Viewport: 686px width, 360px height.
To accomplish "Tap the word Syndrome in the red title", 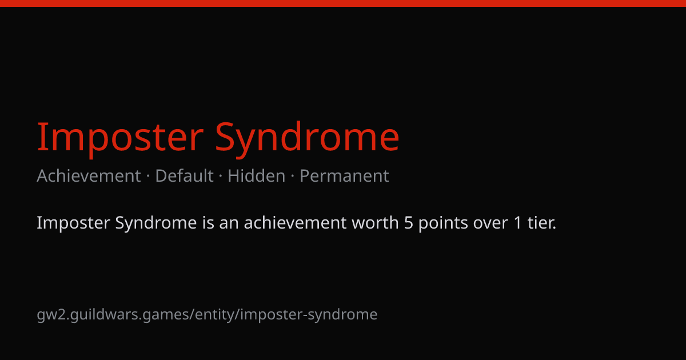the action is coord(308,138).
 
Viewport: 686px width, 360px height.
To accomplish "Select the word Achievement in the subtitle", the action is coord(89,176).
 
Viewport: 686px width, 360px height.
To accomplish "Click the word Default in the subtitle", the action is coord(184,176).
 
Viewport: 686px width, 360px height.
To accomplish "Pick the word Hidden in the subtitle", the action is coord(256,176).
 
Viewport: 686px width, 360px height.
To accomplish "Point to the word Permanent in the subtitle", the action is coord(344,176).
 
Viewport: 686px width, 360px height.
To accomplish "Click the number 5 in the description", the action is coord(409,223).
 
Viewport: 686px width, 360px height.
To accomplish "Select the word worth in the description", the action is coord(375,222).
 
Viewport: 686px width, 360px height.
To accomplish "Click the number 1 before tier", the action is coord(517,223).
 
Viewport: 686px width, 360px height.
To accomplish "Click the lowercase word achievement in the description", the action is coord(295,222).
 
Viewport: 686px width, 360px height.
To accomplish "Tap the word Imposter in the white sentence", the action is coord(74,223).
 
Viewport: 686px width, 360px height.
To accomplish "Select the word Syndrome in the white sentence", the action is coord(156,223).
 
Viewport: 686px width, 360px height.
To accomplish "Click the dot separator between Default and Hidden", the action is coord(221,177).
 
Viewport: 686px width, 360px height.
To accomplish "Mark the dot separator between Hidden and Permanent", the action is coord(293,177).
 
